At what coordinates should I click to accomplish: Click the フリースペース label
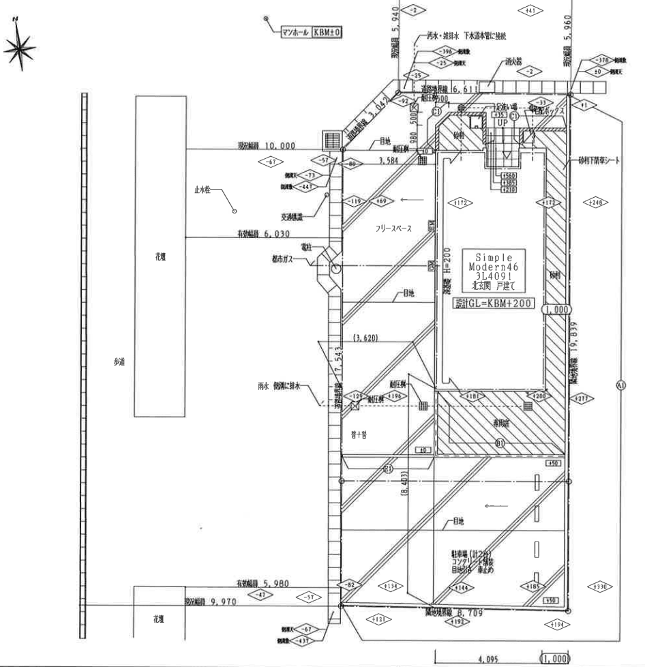tap(393, 229)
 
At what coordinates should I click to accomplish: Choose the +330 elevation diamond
tap(600, 587)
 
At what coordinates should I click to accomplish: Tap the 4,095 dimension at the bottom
tap(489, 659)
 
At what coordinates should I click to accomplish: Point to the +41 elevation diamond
tap(530, 10)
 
